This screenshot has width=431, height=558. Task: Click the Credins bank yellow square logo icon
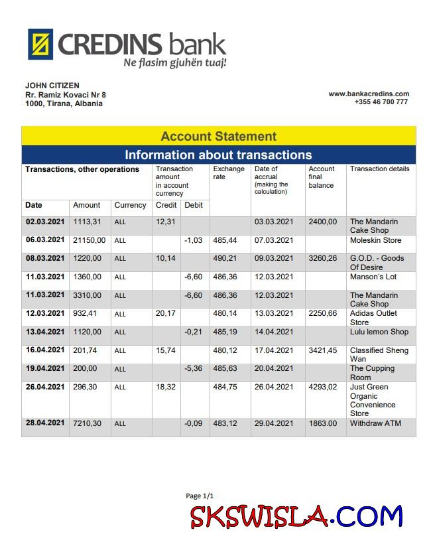[40, 44]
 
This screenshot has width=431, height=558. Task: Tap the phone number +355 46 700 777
[381, 102]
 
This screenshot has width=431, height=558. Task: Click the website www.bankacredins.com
[369, 94]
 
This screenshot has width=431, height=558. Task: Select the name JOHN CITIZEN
[52, 86]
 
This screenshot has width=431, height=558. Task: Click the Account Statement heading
[218, 137]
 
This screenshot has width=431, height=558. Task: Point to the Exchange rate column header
[229, 173]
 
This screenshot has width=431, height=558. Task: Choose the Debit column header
[194, 205]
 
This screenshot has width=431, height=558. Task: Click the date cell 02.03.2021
[45, 222]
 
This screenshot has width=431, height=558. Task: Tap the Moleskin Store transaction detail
[376, 240]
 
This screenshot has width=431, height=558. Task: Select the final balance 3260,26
[323, 259]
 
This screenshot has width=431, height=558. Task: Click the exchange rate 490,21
[225, 259]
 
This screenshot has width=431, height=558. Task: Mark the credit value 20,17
[165, 313]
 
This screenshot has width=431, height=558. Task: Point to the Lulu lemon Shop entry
[379, 332]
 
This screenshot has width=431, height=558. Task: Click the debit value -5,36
[193, 368]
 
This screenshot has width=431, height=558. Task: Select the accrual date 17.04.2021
[274, 350]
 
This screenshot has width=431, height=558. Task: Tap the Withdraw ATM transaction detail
[375, 423]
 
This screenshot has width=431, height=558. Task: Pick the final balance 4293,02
[323, 387]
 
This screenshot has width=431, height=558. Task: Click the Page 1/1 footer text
[200, 496]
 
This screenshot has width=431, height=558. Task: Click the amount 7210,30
[88, 423]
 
